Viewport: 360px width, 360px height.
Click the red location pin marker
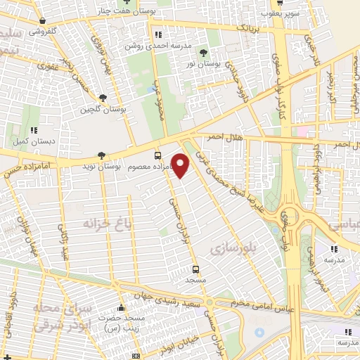(181, 165)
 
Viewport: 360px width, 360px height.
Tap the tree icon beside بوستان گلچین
(103, 98)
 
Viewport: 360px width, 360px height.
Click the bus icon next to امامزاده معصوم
(157, 155)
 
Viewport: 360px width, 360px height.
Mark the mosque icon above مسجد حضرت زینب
(122, 307)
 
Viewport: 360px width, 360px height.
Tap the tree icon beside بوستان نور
(204, 53)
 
